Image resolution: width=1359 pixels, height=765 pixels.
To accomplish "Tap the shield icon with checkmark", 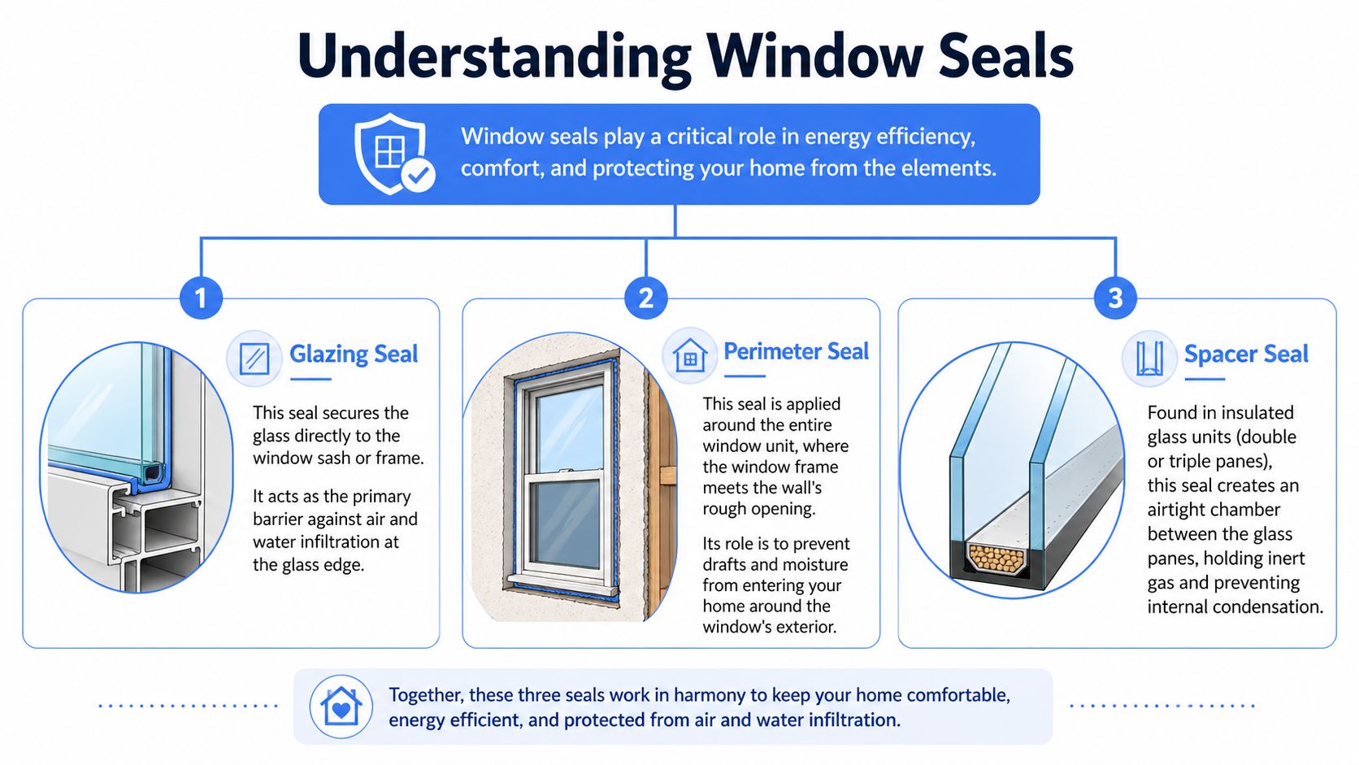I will (x=393, y=154).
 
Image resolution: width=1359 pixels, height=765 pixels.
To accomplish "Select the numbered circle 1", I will (x=201, y=298).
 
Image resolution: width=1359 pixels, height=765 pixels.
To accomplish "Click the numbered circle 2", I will (x=646, y=298).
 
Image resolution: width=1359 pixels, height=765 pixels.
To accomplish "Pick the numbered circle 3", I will (x=1115, y=298).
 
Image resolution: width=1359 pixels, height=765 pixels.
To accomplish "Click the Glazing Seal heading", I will (x=354, y=354).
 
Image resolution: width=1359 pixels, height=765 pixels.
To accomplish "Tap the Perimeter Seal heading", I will (x=796, y=351).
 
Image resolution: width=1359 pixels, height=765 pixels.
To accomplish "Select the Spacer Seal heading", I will (x=1246, y=354).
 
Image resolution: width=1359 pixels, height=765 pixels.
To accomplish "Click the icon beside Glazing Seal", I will (x=254, y=358).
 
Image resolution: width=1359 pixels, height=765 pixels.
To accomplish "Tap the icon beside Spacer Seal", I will (x=1149, y=358).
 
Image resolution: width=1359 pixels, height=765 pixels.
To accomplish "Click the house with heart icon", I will (x=341, y=706).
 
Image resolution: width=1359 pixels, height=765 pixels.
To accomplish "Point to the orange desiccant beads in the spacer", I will (x=996, y=559).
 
